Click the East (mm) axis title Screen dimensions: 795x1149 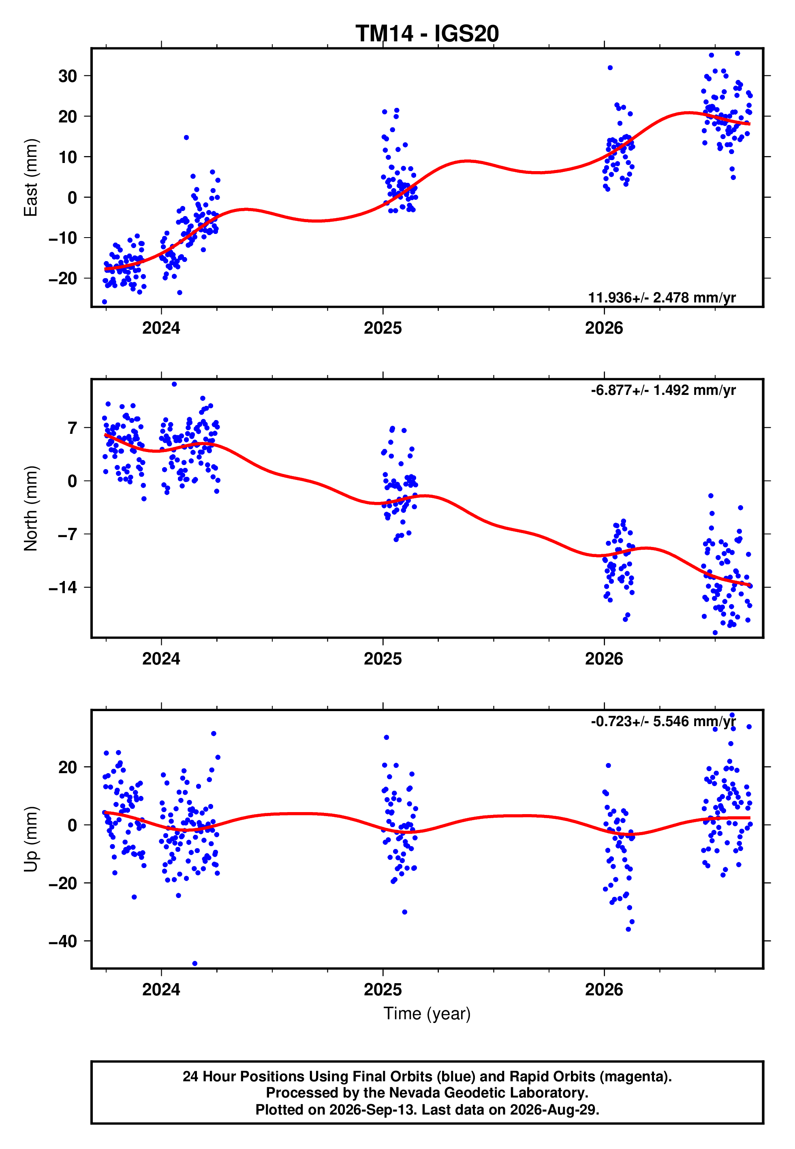click(31, 178)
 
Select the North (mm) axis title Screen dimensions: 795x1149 click(31, 508)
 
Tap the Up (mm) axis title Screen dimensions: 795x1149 click(31, 839)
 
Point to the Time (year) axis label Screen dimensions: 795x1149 click(427, 1014)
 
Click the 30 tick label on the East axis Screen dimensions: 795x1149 click(68, 76)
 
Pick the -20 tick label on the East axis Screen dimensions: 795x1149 click(63, 279)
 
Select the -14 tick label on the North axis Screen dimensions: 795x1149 click(63, 588)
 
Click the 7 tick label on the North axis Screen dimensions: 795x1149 click(73, 427)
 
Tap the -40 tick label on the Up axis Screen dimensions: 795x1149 click(63, 941)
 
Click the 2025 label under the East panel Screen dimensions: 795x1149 click(383, 328)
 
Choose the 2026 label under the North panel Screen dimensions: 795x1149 click(604, 659)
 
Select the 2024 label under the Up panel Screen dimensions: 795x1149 click(161, 990)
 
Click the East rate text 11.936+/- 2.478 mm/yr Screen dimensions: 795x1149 click(662, 298)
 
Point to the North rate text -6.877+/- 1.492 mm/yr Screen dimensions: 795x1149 click(663, 390)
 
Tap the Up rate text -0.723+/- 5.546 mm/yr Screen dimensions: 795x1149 click(663, 722)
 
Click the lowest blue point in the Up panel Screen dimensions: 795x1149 click(194, 964)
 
